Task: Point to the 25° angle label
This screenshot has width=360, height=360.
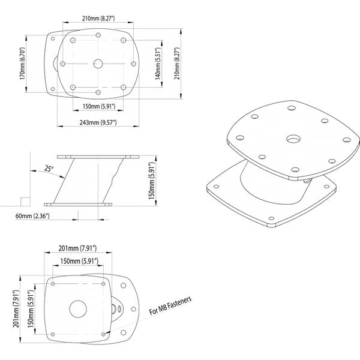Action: click(49, 169)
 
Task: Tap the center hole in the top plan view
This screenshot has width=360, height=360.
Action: click(98, 62)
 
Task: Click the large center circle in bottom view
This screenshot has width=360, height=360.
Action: click(78, 309)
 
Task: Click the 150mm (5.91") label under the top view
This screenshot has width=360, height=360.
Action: click(98, 106)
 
